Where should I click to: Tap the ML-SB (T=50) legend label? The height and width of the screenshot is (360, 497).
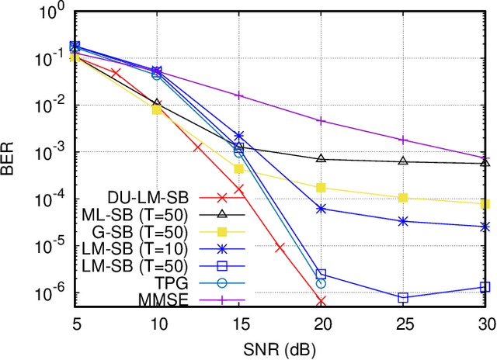(x=144, y=214)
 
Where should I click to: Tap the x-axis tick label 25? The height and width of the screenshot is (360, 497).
(x=403, y=324)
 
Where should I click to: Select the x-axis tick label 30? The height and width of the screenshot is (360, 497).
(x=485, y=324)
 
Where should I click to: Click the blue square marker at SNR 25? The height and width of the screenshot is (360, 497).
(x=403, y=297)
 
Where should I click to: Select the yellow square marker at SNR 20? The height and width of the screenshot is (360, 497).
(x=321, y=187)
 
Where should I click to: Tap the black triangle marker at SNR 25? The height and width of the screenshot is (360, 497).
(x=403, y=161)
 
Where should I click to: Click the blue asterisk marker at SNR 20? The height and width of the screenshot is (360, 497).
(x=321, y=209)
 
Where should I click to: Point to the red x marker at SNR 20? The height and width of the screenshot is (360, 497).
(x=321, y=301)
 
